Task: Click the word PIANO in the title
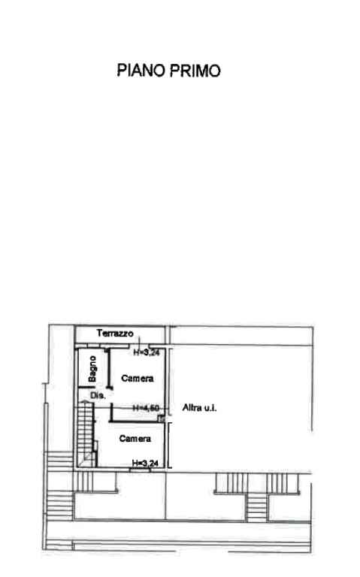142,71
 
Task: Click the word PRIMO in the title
195,71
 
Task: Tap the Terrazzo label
115,334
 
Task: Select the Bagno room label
92,369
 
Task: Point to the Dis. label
98,396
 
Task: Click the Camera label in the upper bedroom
138,379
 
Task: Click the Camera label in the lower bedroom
135,439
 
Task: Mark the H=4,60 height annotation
146,408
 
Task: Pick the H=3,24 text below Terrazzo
147,352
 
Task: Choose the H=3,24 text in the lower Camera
145,463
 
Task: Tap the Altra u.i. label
200,408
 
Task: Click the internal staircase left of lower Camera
86,434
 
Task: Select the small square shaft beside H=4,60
161,418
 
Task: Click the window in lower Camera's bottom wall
141,470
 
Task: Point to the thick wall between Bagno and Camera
109,369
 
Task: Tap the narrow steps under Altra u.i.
256,507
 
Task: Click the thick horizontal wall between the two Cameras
138,421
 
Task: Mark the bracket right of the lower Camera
169,446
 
